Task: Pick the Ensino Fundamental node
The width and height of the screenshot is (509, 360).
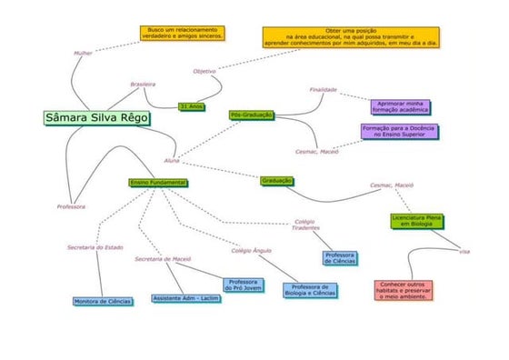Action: (x=158, y=183)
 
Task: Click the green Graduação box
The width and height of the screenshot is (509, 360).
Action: (x=277, y=181)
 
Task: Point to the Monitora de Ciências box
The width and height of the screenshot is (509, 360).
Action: (x=103, y=300)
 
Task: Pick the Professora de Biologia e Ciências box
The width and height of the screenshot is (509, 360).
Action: (x=309, y=291)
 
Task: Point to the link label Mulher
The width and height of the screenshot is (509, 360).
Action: (x=84, y=54)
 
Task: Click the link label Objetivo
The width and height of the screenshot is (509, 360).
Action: (x=205, y=70)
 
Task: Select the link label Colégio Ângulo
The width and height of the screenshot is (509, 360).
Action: (x=251, y=249)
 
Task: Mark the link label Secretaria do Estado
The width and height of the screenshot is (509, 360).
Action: (x=95, y=246)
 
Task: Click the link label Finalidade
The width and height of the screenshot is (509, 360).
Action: (x=324, y=90)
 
